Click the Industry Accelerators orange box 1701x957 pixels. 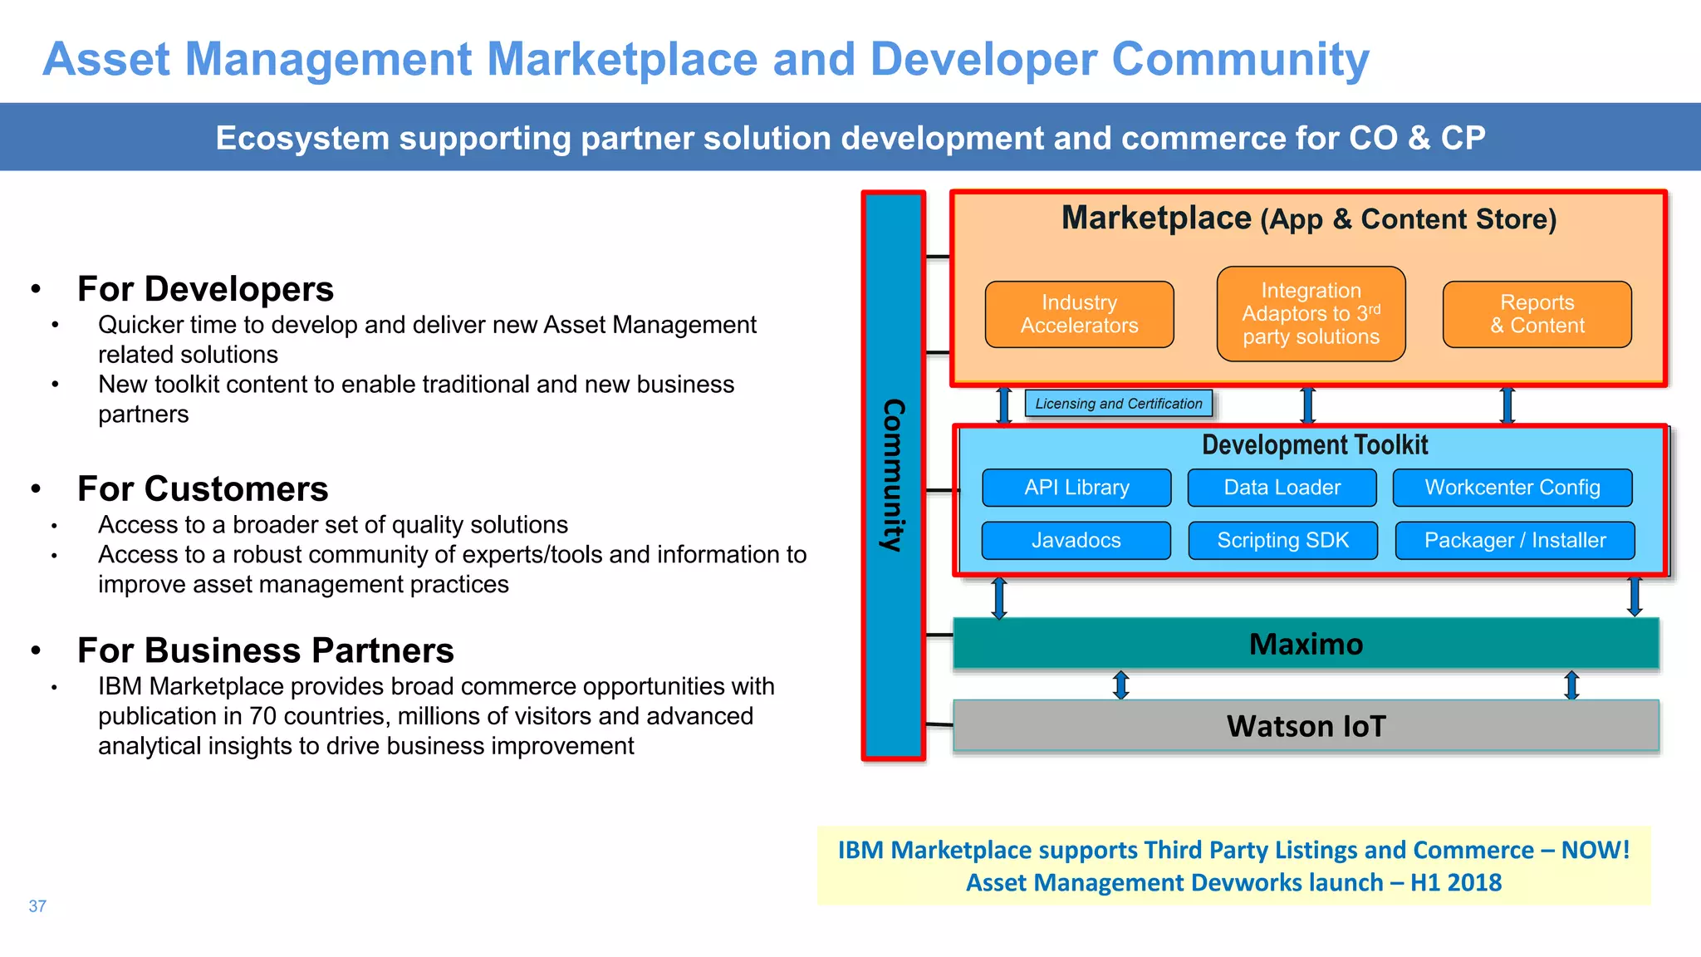click(x=1079, y=314)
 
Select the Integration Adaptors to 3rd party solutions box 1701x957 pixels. click(x=1311, y=314)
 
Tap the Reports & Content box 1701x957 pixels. click(x=1537, y=314)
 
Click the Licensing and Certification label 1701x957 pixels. click(x=1118, y=404)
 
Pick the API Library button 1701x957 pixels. click(x=1076, y=488)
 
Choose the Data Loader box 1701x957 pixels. click(x=1282, y=488)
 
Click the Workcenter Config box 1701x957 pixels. click(x=1512, y=488)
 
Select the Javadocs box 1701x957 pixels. click(x=1076, y=540)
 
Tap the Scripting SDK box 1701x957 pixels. click(x=1282, y=540)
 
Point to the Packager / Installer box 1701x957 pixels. click(x=1515, y=540)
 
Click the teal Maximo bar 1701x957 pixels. click(x=1306, y=644)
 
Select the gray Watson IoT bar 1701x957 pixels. click(x=1306, y=726)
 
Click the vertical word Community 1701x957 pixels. click(x=893, y=475)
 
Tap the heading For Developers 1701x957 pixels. click(x=205, y=289)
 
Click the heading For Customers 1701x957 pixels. click(x=203, y=488)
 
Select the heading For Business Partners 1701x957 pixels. click(x=265, y=650)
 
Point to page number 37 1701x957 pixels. click(x=37, y=906)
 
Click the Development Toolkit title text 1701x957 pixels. click(x=1315, y=445)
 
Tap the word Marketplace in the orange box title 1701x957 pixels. click(x=1156, y=218)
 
